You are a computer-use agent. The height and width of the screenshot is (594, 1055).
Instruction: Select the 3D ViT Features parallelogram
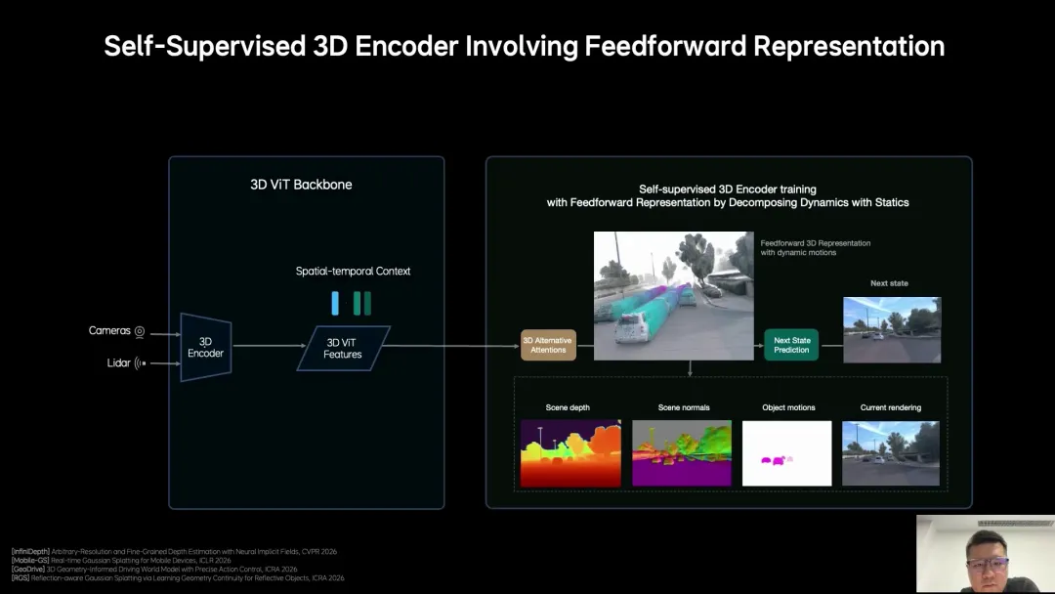(343, 348)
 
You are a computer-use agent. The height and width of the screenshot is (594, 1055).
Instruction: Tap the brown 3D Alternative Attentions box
(548, 345)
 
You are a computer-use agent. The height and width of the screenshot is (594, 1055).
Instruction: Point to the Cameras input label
(109, 331)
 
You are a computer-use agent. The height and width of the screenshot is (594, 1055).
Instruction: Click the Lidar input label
(118, 363)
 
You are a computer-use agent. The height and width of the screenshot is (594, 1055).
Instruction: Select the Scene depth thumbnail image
(570, 453)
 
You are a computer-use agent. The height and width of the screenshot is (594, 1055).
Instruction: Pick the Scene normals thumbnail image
(682, 453)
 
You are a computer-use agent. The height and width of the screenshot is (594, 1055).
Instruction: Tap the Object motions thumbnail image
(787, 453)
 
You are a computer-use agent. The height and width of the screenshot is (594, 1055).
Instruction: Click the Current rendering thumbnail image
(891, 453)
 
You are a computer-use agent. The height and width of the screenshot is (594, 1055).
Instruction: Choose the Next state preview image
(892, 330)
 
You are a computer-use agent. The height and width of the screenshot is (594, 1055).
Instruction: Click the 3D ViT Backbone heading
(301, 185)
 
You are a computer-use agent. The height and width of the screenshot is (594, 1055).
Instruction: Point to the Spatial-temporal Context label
(353, 271)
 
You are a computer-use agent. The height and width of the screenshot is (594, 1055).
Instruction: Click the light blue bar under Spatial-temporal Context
(335, 303)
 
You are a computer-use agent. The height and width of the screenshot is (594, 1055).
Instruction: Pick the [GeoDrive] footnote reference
(30, 569)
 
